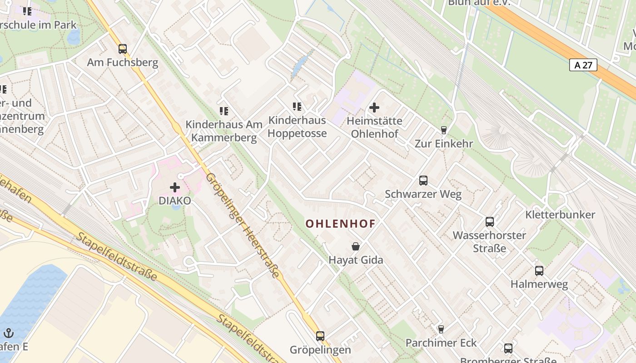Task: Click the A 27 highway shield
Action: (583, 65)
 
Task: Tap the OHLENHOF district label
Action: (340, 224)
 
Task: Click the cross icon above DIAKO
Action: (175, 187)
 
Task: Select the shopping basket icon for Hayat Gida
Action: (356, 246)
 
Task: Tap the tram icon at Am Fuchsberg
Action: (122, 49)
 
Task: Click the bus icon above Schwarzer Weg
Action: (423, 181)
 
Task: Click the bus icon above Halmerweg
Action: (539, 271)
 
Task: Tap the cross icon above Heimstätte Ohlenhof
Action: (374, 108)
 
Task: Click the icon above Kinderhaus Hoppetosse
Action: (297, 107)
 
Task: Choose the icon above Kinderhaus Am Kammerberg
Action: (224, 111)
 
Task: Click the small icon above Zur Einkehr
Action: (444, 130)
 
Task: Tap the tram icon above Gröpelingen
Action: (320, 336)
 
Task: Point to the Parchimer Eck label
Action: (441, 343)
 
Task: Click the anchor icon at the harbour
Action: (9, 334)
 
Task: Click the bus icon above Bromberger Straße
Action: (508, 348)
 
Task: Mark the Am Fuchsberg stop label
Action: (123, 62)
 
